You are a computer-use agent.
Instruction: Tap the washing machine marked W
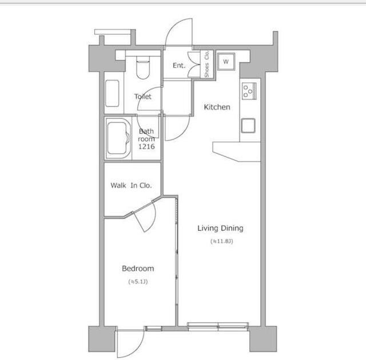pos(226,62)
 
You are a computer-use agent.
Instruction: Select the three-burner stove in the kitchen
pos(249,91)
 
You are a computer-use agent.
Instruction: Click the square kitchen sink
pos(248,126)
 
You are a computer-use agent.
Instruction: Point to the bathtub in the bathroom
pos(118,138)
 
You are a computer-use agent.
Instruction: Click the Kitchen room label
pos(217,107)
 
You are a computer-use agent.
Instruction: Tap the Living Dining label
pos(220,228)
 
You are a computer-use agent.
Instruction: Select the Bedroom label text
pos(138,269)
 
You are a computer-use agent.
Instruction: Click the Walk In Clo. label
pos(131,185)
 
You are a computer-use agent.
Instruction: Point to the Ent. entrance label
pos(179,66)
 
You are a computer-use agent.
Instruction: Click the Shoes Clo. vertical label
pos(207,64)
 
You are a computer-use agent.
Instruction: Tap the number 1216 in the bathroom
pos(146,146)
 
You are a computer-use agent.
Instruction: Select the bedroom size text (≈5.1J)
pos(138,282)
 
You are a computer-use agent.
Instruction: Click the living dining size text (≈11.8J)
pos(222,241)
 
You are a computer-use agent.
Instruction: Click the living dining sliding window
pos(218,326)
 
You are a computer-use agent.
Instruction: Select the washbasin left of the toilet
pos(112,93)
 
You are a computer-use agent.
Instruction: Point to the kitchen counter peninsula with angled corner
pos(236,151)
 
